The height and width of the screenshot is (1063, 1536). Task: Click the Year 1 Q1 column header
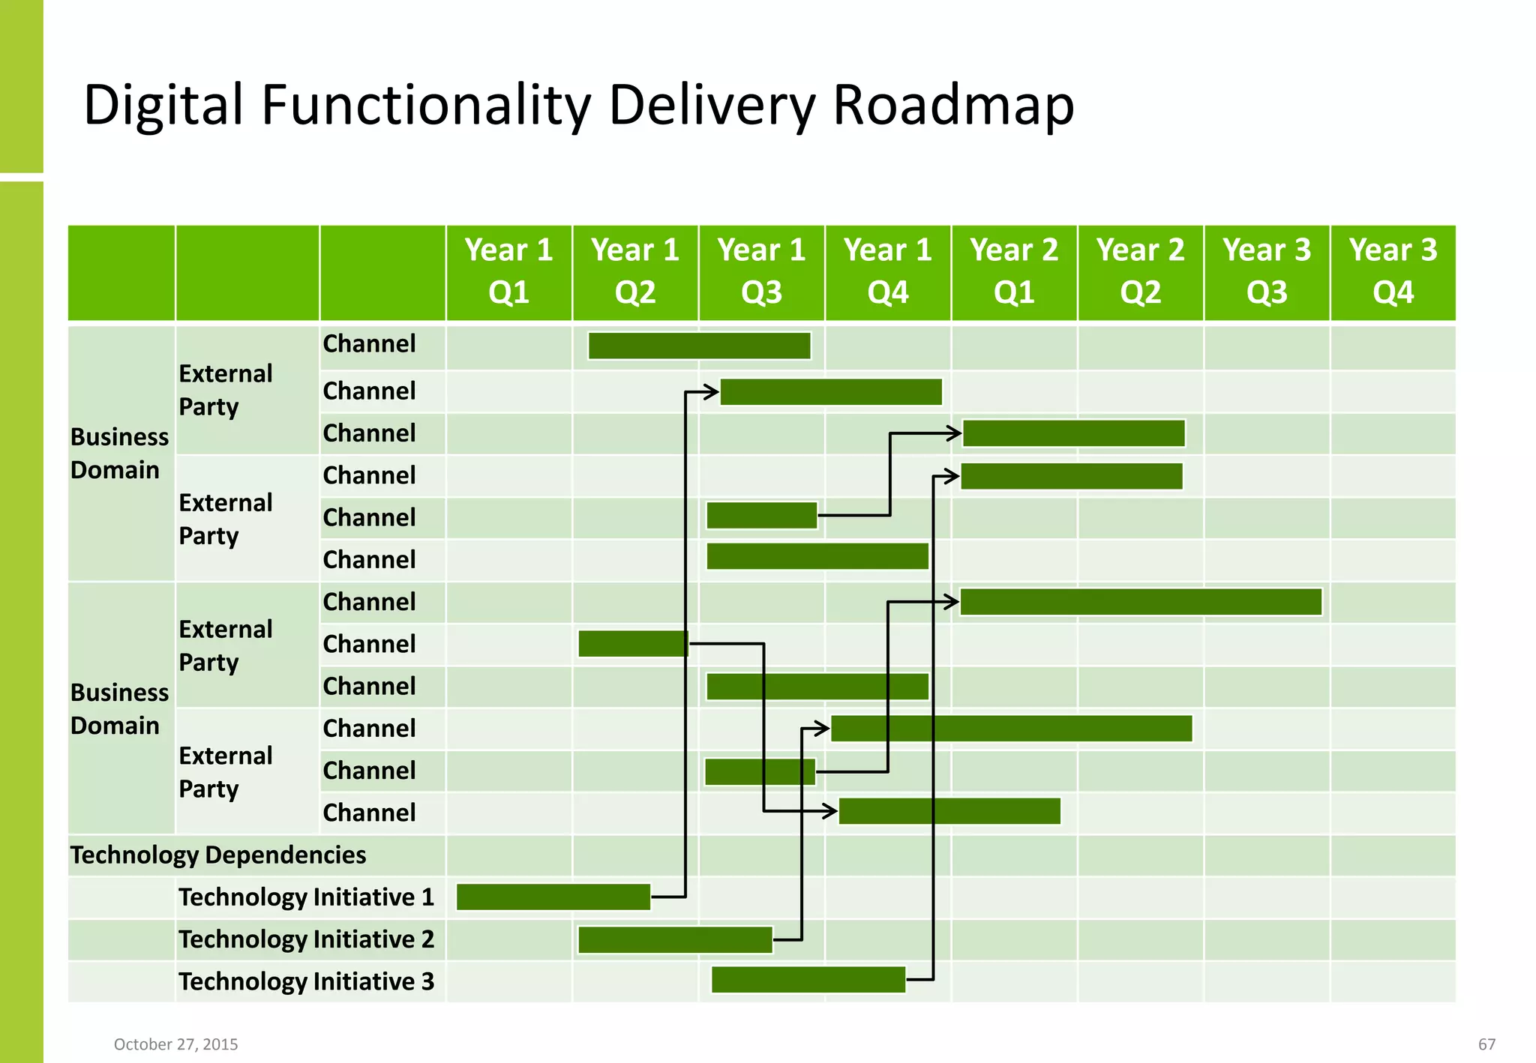[508, 271]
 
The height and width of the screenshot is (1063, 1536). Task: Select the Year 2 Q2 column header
[1140, 271]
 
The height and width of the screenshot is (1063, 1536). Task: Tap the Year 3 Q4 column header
[1393, 271]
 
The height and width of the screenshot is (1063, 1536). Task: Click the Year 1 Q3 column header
[761, 271]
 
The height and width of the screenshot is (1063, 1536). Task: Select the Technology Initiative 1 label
[306, 897]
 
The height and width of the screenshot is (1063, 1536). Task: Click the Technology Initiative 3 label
[306, 981]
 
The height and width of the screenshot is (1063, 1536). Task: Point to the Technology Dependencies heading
[218, 855]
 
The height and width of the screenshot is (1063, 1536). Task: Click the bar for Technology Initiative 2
[675, 939]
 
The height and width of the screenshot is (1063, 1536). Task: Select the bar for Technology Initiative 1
[553, 897]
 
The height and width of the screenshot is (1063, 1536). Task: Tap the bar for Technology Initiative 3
[808, 979]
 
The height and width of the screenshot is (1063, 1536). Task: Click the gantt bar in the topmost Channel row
[699, 346]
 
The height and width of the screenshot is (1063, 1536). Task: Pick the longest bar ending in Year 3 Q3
[1140, 602]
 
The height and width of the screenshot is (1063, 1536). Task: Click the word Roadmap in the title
[953, 104]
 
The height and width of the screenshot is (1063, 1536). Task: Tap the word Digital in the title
[163, 104]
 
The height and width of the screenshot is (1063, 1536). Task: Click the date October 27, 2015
[175, 1044]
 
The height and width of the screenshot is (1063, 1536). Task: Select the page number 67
[1486, 1044]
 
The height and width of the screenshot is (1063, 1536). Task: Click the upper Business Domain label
[119, 453]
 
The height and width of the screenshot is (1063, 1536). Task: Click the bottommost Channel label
[369, 812]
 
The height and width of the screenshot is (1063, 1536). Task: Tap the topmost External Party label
[226, 389]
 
